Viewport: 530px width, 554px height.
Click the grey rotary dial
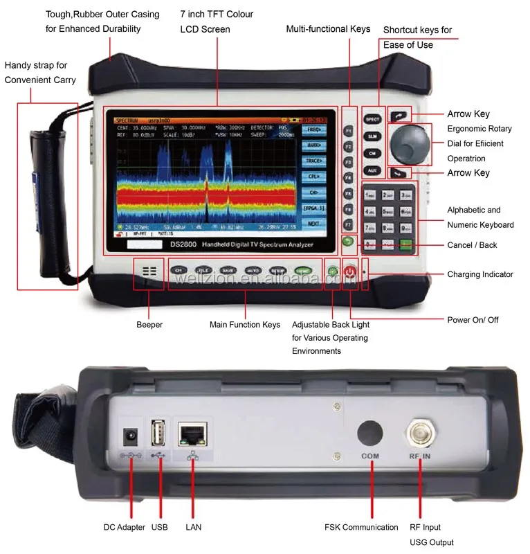click(x=409, y=144)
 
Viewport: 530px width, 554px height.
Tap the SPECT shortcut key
click(x=373, y=119)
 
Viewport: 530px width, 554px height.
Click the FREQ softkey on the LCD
click(x=313, y=129)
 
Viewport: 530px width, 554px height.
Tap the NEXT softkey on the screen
click(x=313, y=224)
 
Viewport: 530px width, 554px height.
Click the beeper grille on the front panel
click(x=149, y=272)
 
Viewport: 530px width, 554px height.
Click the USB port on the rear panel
click(x=158, y=434)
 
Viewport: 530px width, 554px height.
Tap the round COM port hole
click(x=371, y=432)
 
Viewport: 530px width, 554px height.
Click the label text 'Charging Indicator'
click(x=480, y=274)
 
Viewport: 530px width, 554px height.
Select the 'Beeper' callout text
click(x=149, y=325)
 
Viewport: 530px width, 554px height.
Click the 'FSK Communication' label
click(x=361, y=528)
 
